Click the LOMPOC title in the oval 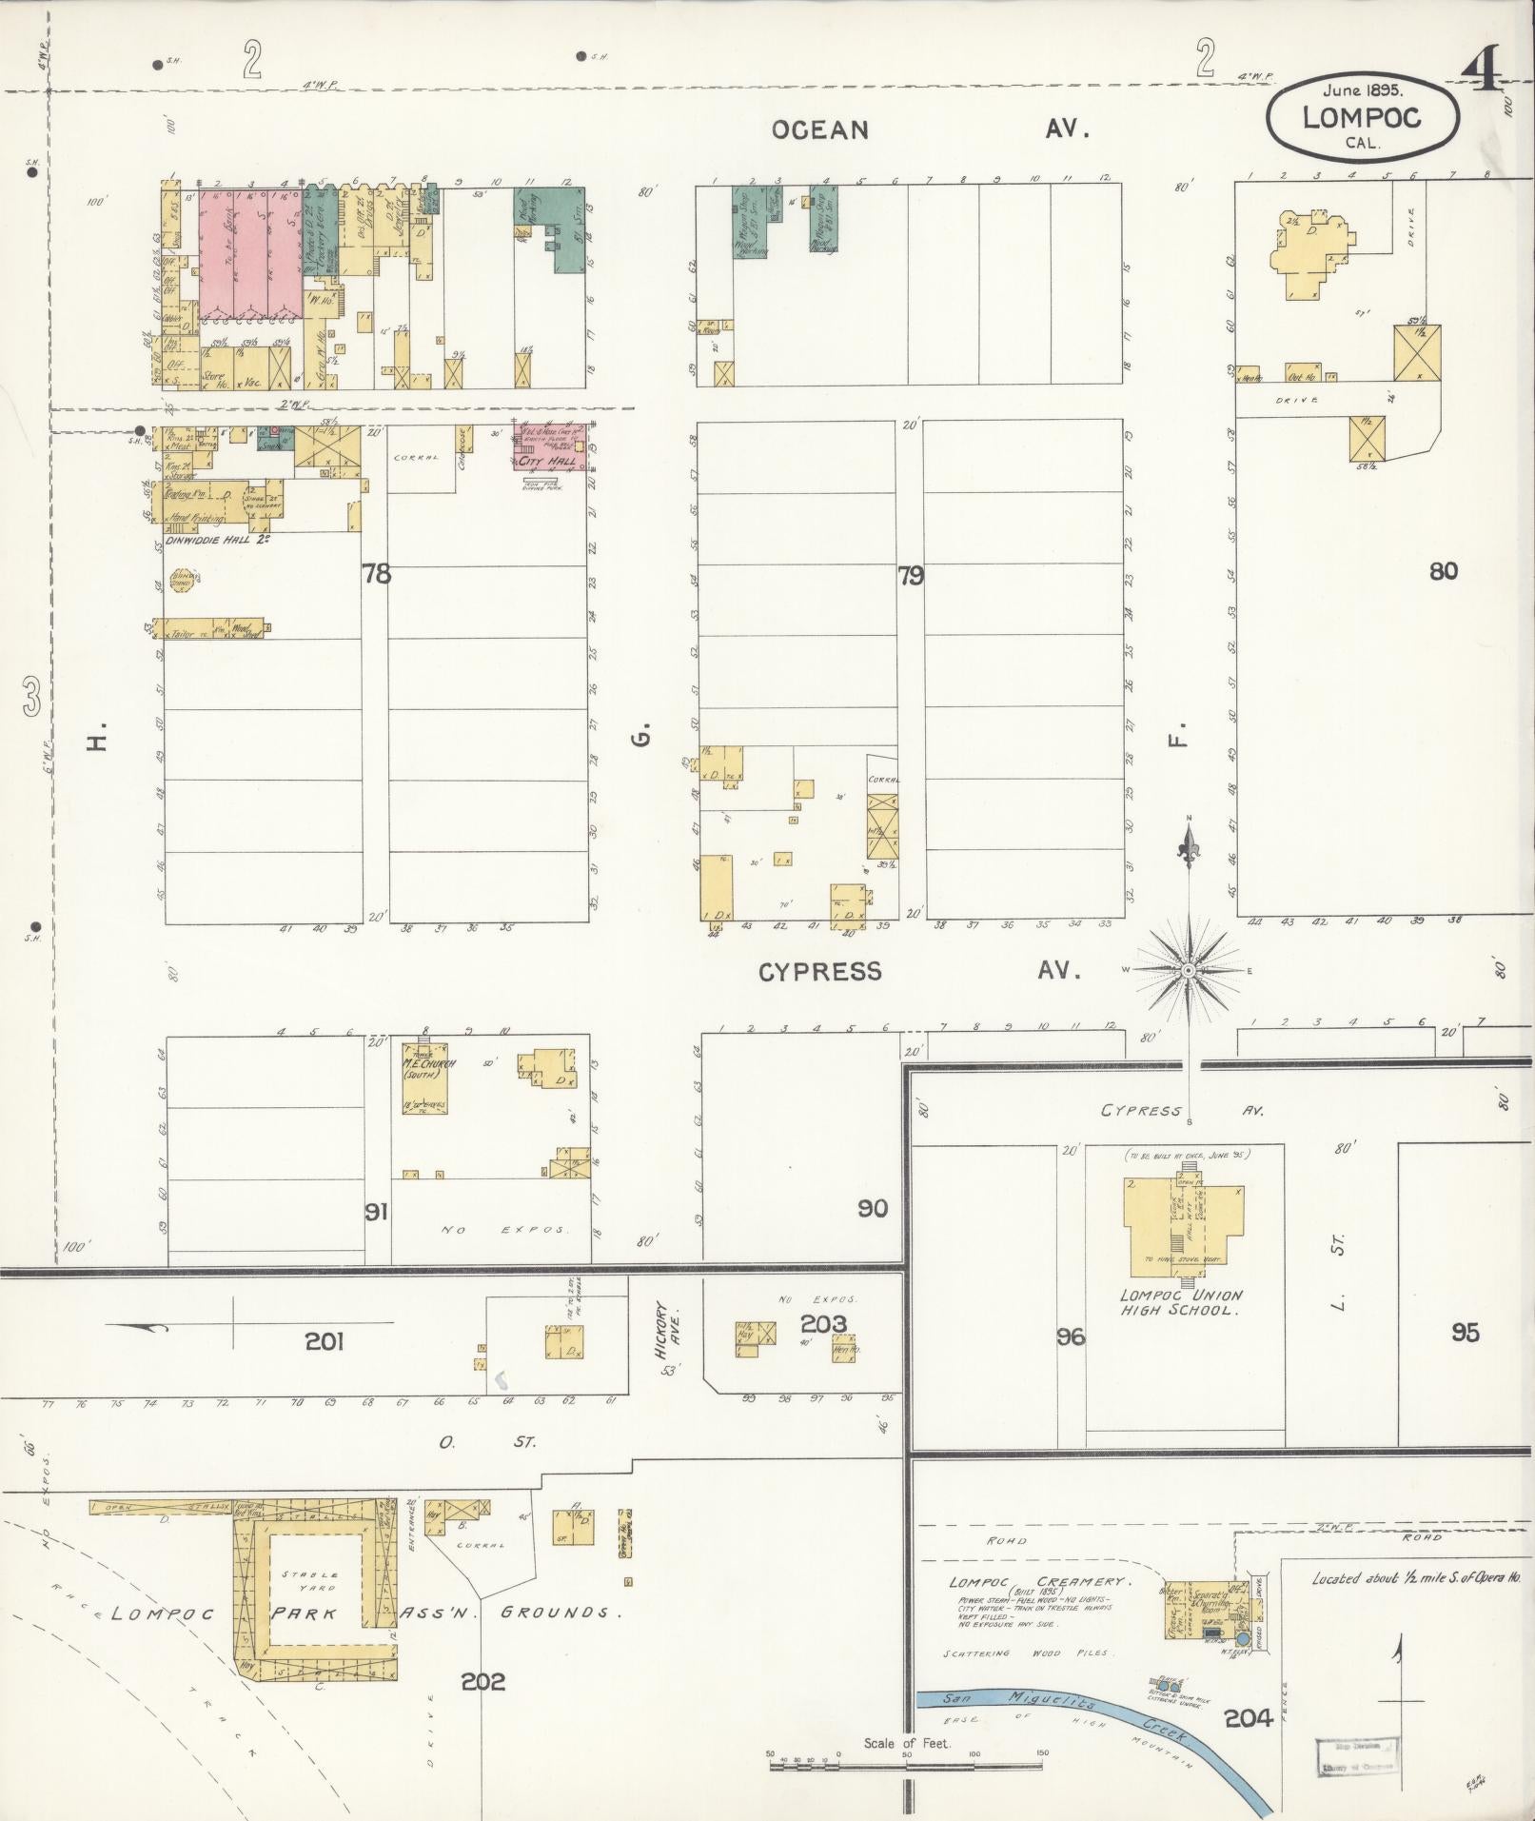pos(1361,117)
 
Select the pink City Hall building pos(550,447)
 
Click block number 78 pos(377,573)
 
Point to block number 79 pos(911,575)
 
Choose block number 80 pos(1443,571)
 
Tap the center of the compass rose pos(1189,970)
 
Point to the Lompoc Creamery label pos(1037,1581)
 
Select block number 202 pos(483,1682)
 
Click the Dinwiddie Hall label pos(207,540)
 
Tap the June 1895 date pos(1363,90)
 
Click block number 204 pos(1249,1718)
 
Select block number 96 pos(1071,1336)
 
